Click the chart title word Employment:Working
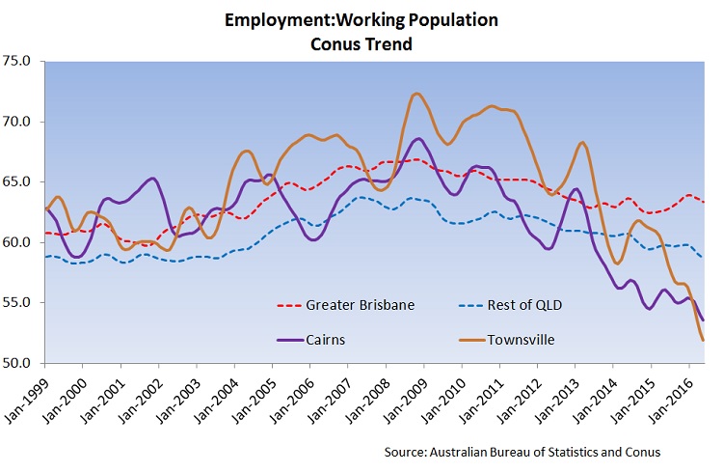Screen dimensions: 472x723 tap(313, 19)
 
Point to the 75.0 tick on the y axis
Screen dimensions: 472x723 tap(19, 61)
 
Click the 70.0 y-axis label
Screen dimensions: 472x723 tap(19, 122)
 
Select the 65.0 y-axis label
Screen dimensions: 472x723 tap(19, 181)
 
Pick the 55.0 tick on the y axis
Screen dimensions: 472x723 tap(19, 302)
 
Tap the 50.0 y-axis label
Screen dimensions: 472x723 tap(19, 363)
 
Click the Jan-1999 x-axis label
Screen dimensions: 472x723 tap(26, 396)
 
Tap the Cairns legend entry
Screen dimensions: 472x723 tap(329, 339)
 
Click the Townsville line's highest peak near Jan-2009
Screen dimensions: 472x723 tap(415, 94)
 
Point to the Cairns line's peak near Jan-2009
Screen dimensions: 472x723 tap(416, 139)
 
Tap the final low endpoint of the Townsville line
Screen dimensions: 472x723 tap(703, 340)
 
